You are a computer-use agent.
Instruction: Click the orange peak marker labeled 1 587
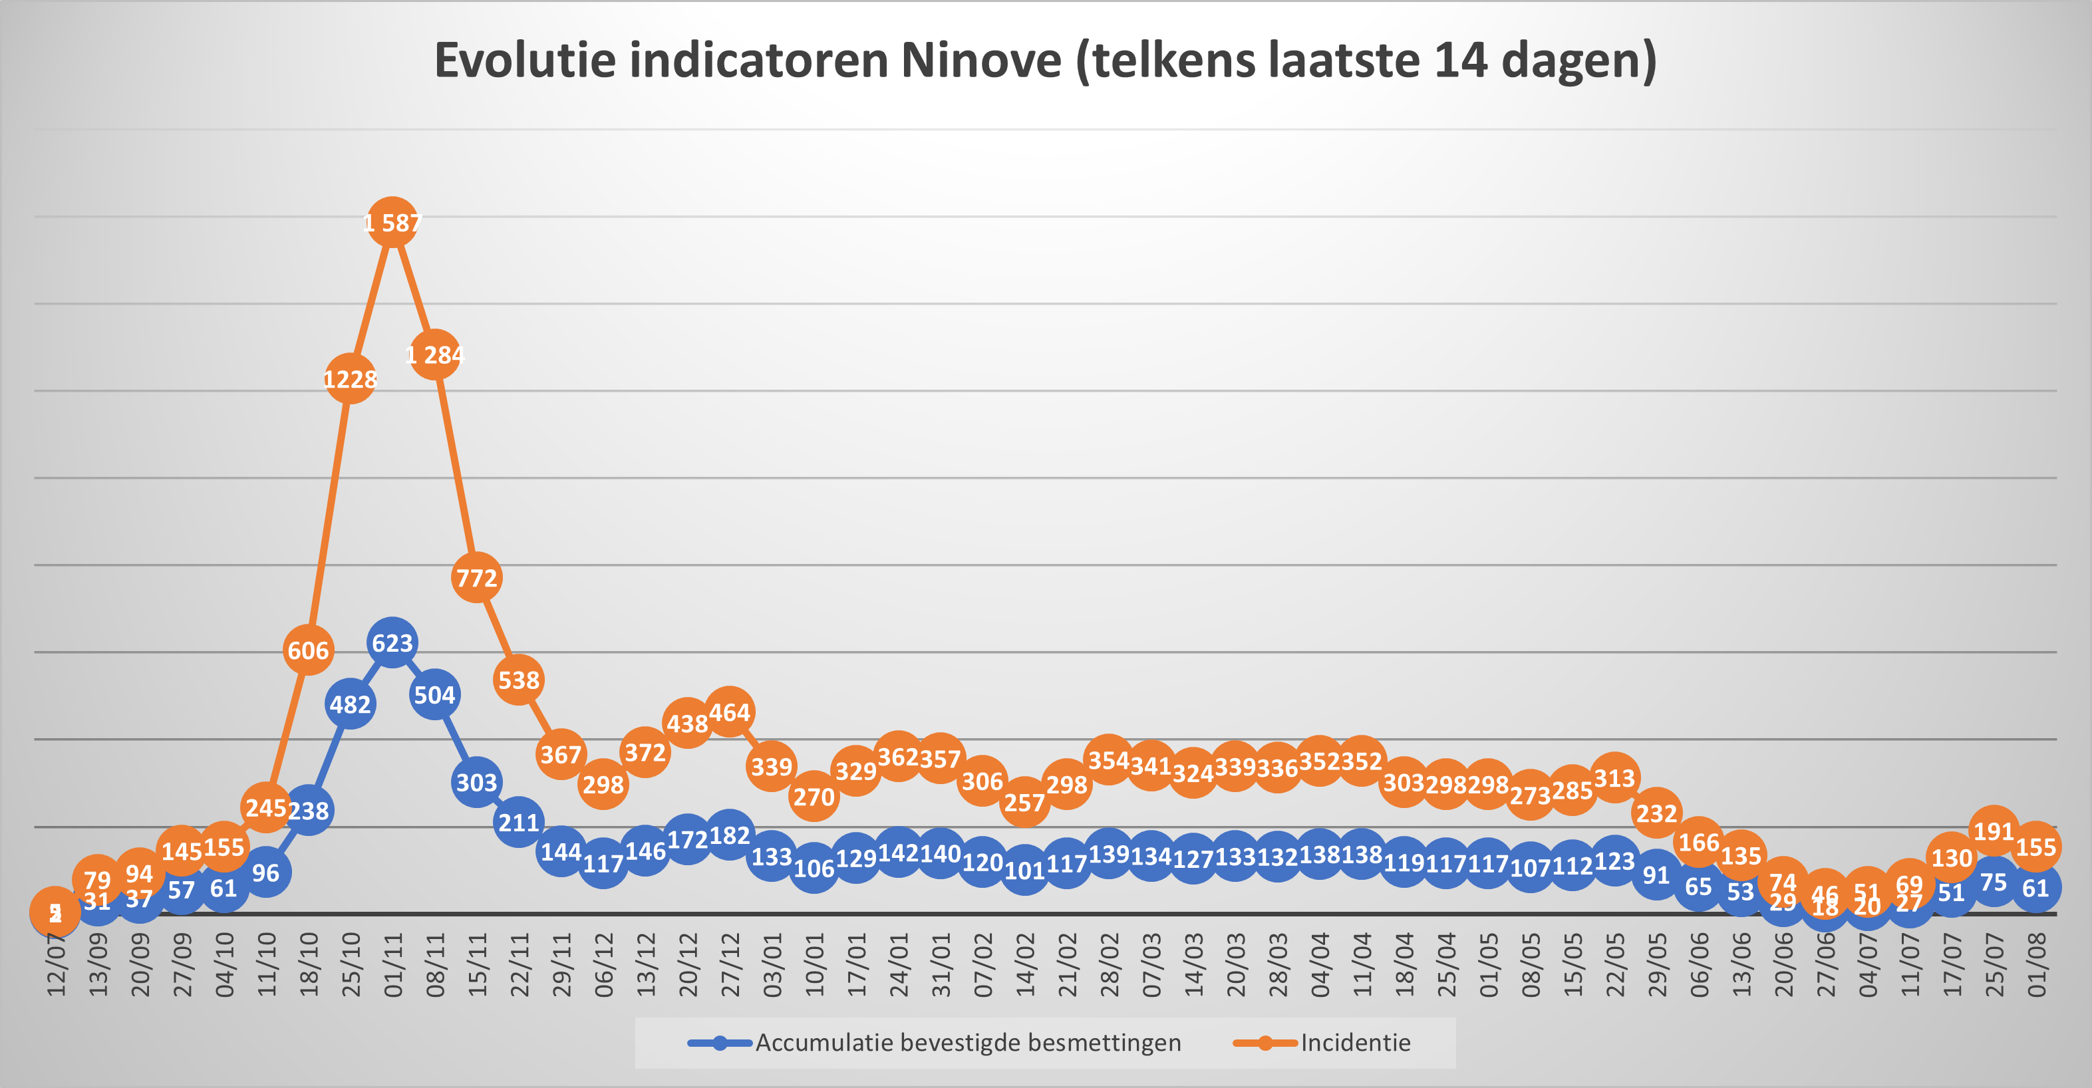point(392,221)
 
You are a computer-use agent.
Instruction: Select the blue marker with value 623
point(392,643)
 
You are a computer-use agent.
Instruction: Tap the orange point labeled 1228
point(350,378)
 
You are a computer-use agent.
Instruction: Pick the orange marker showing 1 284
point(434,354)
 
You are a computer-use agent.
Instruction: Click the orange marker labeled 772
point(477,577)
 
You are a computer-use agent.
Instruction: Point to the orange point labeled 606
point(308,650)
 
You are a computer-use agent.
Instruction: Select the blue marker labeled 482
point(350,704)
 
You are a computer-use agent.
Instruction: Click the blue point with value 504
point(434,695)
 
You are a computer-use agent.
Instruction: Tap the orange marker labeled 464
point(729,712)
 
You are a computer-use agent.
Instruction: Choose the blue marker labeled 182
point(729,835)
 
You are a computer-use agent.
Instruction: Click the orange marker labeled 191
point(1994,831)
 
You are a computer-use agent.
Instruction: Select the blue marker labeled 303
point(477,782)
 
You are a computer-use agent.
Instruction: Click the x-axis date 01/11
point(393,964)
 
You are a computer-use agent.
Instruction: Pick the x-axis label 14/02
point(1025,964)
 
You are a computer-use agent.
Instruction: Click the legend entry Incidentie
point(1354,1043)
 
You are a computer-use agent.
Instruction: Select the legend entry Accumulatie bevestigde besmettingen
point(967,1043)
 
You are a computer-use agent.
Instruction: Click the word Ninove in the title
point(980,60)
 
